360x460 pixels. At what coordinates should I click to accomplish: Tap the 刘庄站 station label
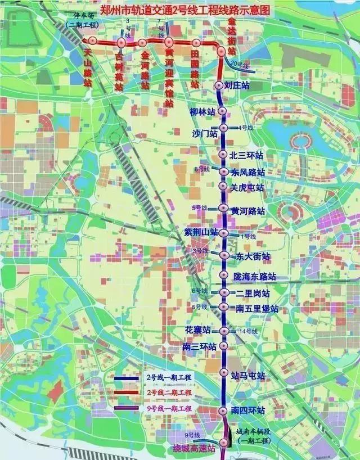[x=236, y=85]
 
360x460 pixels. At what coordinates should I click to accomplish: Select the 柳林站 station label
[x=203, y=111]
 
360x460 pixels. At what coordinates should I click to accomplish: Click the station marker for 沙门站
[x=223, y=128]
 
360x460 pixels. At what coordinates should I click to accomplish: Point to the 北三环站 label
[x=246, y=155]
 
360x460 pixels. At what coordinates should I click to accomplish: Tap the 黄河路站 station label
[x=247, y=210]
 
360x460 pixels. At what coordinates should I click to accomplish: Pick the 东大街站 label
[x=253, y=256]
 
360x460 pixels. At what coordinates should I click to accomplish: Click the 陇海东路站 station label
[x=255, y=277]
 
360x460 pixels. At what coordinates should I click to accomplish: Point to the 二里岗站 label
[x=252, y=294]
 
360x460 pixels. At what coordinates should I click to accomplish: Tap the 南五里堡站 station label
[x=256, y=309]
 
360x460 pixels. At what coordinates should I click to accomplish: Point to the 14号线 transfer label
[x=247, y=331]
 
